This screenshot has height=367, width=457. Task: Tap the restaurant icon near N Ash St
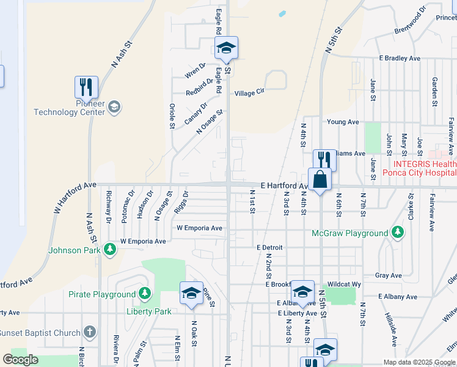point(86,87)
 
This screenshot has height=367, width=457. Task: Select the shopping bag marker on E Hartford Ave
point(320,180)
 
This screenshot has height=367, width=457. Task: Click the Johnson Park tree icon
point(110,249)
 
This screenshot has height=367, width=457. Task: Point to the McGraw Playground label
point(350,233)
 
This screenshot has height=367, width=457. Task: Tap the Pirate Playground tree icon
point(144,294)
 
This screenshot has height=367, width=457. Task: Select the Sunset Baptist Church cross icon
point(90,333)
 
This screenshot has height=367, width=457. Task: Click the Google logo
point(21,359)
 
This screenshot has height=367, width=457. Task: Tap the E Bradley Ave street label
point(400,58)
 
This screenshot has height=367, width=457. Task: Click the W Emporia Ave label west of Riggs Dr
point(143,241)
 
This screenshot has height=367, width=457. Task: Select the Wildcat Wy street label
point(344,284)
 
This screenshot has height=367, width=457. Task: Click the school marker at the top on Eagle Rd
point(226,48)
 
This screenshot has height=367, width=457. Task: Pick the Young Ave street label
point(343,122)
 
